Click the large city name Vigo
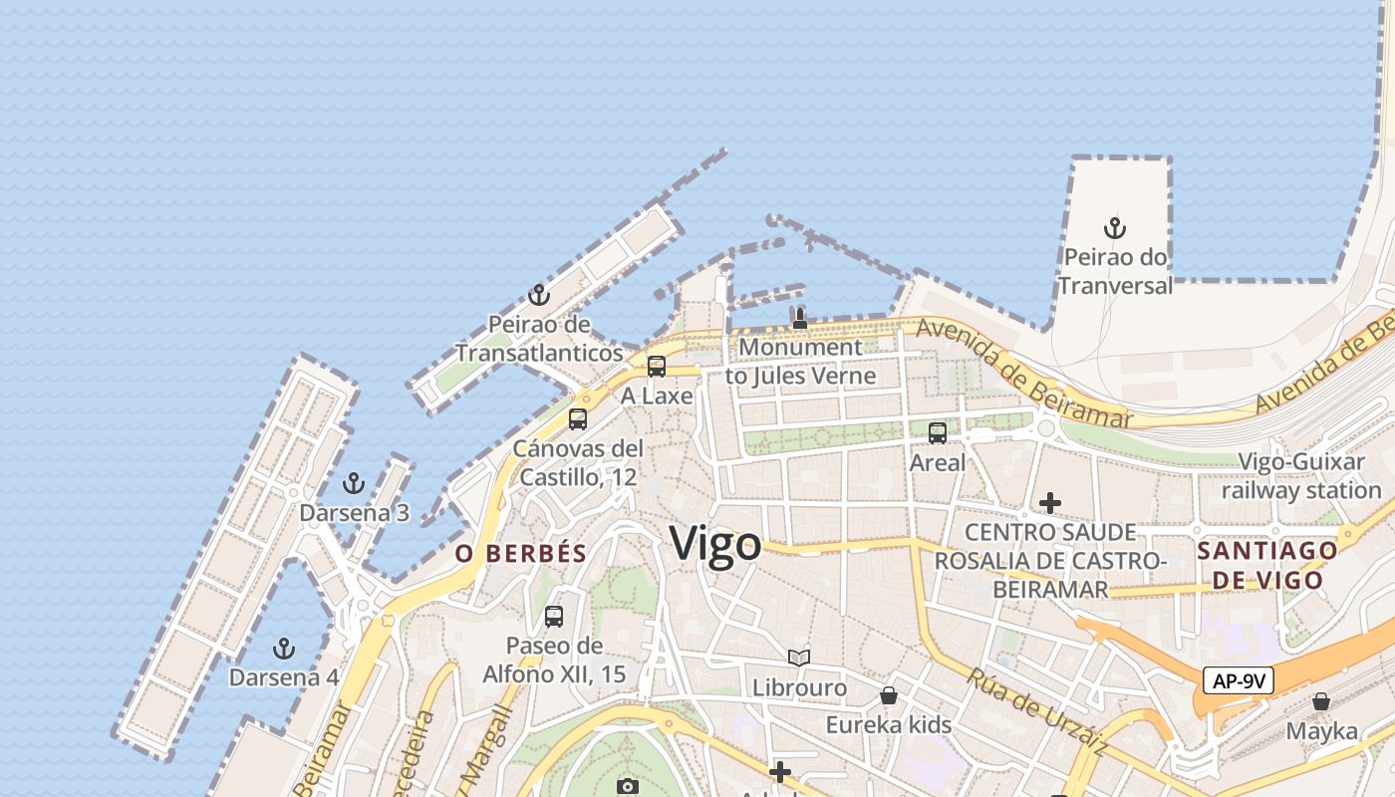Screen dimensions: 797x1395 pyautogui.click(x=715, y=544)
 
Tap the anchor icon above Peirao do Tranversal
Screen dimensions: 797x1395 pyautogui.click(x=1115, y=228)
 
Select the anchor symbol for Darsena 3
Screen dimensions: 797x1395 pyautogui.click(x=353, y=483)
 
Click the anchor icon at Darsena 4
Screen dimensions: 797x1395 pyautogui.click(x=284, y=649)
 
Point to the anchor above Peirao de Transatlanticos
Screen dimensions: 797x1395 pyautogui.click(x=538, y=295)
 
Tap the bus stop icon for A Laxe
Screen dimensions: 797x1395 pyautogui.click(x=657, y=366)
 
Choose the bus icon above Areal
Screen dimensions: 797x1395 pyautogui.click(x=938, y=432)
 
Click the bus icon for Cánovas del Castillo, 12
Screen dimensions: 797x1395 pyautogui.click(x=578, y=418)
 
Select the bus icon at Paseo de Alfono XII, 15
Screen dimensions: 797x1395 pyautogui.click(x=554, y=616)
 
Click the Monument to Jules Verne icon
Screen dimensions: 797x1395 pyautogui.click(x=799, y=319)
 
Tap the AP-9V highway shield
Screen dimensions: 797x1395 pyautogui.click(x=1239, y=681)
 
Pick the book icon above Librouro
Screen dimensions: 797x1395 pyautogui.click(x=799, y=658)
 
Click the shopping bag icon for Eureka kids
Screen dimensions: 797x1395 pyautogui.click(x=889, y=695)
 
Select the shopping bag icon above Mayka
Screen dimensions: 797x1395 pyautogui.click(x=1321, y=701)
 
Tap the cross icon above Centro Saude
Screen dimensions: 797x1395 pyautogui.click(x=1050, y=503)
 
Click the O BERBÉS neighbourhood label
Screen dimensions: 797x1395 pyautogui.click(x=521, y=554)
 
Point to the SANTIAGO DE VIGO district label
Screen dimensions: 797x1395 pyautogui.click(x=1267, y=565)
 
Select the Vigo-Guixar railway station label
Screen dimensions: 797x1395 pyautogui.click(x=1301, y=476)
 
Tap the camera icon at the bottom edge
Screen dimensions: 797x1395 pyautogui.click(x=627, y=786)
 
